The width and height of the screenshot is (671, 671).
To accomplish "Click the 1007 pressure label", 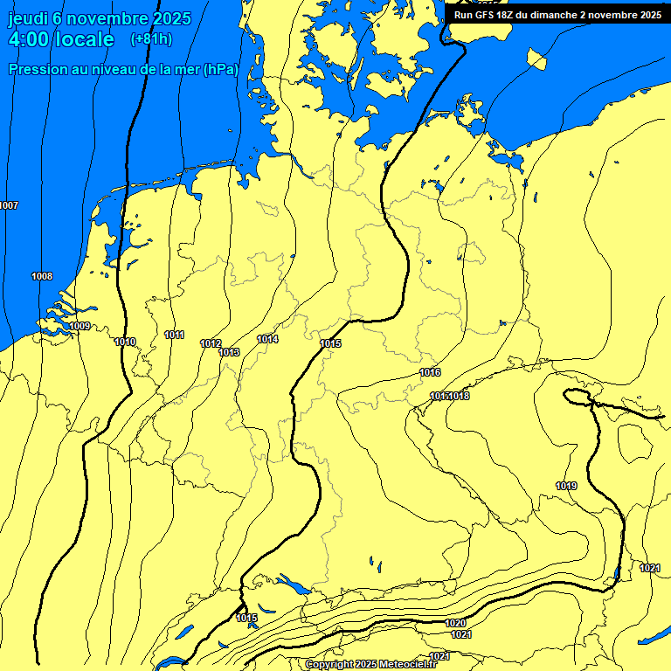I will click(x=9, y=205).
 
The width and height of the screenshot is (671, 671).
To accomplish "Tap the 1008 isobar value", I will click(x=42, y=276).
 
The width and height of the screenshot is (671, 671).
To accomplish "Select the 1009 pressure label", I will click(x=80, y=326).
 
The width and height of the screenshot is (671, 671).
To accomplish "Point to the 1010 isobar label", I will click(x=125, y=342).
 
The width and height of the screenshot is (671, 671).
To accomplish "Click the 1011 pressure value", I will click(x=174, y=335).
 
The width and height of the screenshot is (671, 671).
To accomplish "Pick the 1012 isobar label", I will click(x=211, y=343).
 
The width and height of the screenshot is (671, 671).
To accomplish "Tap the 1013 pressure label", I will click(x=229, y=352).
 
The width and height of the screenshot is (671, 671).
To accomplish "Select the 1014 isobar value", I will click(x=267, y=339).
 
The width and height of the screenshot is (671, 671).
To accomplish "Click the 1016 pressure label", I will click(x=430, y=372).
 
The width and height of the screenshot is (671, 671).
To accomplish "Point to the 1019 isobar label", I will click(x=566, y=486).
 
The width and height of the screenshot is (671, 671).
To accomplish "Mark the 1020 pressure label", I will click(x=455, y=623).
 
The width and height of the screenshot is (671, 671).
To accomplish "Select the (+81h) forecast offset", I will click(x=151, y=39).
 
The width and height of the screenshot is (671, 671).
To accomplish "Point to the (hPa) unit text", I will click(x=220, y=70).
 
